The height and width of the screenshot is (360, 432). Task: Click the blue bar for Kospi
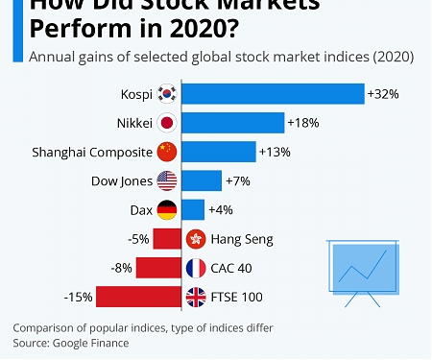[272, 94]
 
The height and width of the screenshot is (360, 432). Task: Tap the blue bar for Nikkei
[232, 123]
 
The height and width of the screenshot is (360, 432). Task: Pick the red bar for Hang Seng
[167, 239]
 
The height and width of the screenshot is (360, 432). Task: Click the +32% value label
[381, 94]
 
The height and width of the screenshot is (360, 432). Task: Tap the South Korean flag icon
[167, 94]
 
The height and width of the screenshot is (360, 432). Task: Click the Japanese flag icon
[167, 123]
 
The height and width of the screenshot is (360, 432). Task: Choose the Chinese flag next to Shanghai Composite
[167, 152]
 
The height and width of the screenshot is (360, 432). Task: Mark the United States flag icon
[167, 180]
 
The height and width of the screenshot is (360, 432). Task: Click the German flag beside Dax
[167, 209]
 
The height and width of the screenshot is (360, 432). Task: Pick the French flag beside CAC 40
[196, 268]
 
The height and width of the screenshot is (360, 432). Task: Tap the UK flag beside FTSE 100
[196, 297]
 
